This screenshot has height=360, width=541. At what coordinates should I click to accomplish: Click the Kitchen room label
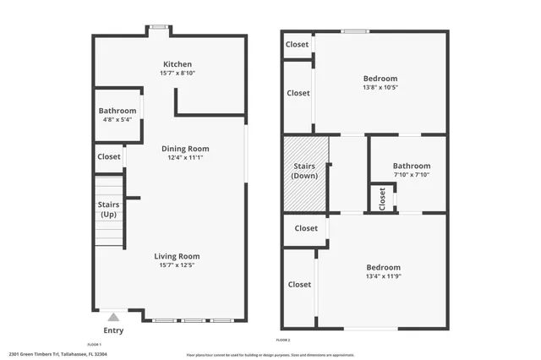coord(177,64)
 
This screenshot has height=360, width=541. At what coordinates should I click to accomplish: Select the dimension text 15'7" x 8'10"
coord(177,74)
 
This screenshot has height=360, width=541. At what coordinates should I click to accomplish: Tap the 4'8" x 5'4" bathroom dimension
coord(117,119)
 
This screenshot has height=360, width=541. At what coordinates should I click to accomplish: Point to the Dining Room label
coord(184,149)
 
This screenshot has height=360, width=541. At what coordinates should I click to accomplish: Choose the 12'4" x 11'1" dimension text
coord(184,157)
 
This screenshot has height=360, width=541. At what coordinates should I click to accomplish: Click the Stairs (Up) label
coord(108,209)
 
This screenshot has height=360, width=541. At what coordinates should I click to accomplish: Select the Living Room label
coord(177,256)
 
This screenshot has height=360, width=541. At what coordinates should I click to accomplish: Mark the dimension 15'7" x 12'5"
coord(177,265)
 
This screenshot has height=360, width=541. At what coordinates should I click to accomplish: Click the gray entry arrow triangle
coord(113,317)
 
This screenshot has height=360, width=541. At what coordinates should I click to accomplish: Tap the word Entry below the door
coord(113,330)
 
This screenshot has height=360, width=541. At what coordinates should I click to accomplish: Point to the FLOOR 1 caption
coord(94,345)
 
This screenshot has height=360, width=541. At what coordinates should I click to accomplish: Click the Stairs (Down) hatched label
coord(304,171)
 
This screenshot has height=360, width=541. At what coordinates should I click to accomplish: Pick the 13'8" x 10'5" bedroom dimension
coord(380,87)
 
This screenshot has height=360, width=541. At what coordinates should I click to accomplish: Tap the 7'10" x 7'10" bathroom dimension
coord(412,175)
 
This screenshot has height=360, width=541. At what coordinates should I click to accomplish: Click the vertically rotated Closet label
coord(382,199)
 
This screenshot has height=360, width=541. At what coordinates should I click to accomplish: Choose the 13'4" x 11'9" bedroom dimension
coord(383,275)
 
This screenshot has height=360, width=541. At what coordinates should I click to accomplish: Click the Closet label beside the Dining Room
coord(109,156)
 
